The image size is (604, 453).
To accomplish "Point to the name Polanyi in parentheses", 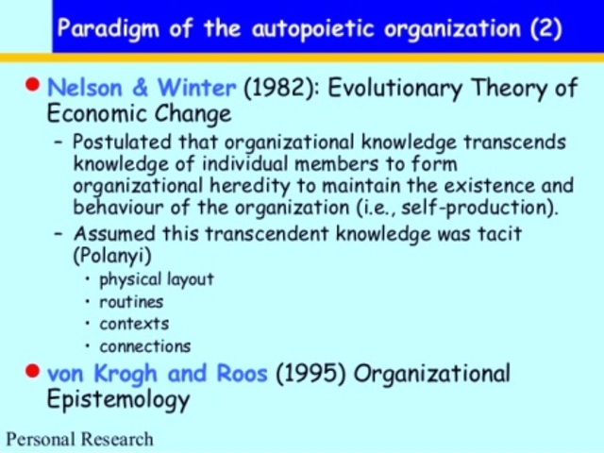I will [109, 255].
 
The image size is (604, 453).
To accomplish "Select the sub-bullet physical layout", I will [156, 279].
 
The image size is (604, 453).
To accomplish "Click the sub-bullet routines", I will [131, 302].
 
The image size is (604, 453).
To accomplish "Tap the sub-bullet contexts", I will [134, 324].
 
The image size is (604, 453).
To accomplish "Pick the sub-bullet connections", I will [144, 346].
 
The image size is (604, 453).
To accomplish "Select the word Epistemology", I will [118, 399].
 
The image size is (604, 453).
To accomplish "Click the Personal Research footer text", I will [79, 439].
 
